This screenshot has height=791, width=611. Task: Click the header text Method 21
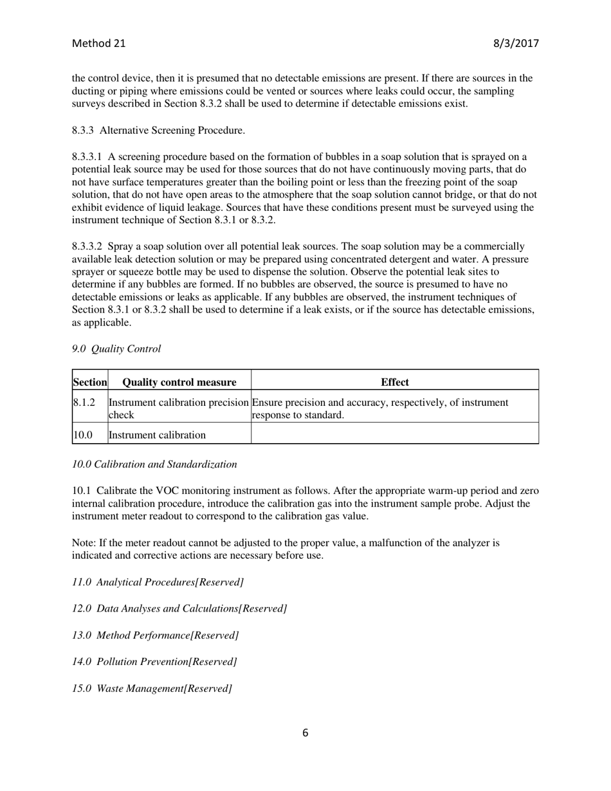98,44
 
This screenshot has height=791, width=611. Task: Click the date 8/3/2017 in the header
516,44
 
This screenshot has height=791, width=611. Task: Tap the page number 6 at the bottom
305,732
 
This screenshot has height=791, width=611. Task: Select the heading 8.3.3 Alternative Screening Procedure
158,131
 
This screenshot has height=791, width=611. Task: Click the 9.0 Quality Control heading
116,349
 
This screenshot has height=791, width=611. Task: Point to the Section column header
89,382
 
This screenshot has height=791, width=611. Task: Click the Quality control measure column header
179,382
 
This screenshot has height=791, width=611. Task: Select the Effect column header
394,382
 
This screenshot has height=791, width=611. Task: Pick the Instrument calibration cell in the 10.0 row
158,435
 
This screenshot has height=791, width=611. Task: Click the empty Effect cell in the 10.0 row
394,434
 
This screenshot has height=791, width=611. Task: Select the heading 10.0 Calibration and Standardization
154,464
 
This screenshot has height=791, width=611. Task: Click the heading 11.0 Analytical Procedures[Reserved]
158,582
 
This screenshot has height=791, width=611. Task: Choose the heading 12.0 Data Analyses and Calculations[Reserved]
179,608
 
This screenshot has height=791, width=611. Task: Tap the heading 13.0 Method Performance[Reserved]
156,635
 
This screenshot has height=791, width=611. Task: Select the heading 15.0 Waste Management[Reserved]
152,688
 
